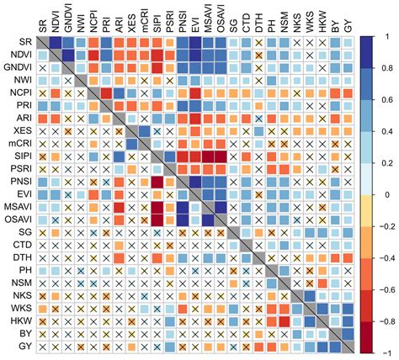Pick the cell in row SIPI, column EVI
tap(194, 156)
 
